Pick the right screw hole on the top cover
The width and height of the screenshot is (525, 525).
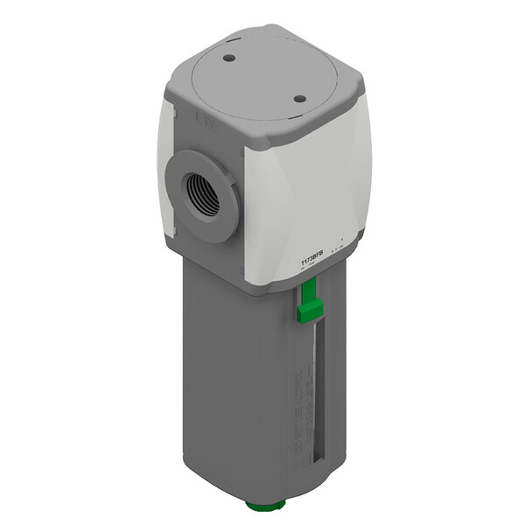(298, 99)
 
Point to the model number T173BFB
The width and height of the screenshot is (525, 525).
(312, 260)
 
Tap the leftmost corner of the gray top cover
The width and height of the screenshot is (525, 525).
(170, 81)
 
